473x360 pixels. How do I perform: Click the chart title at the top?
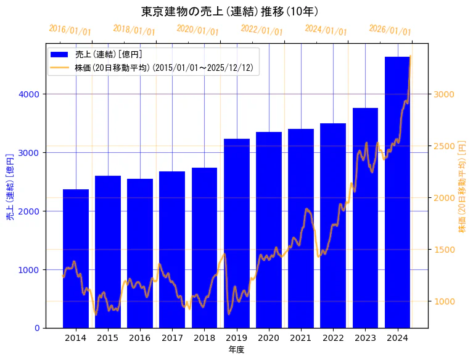pyautogui.click(x=229, y=12)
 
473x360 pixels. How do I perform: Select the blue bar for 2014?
pyautogui.click(x=76, y=258)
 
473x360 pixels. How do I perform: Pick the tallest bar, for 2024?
pyautogui.click(x=398, y=192)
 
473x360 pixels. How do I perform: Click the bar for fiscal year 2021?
pyautogui.click(x=301, y=228)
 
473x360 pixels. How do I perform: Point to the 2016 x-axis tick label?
pyautogui.click(x=140, y=338)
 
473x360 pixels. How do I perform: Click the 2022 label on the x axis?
pyautogui.click(x=333, y=338)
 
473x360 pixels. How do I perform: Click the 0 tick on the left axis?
pyautogui.click(x=38, y=328)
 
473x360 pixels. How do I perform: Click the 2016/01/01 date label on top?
pyautogui.click(x=70, y=30)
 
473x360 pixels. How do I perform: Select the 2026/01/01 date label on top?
pyautogui.click(x=390, y=30)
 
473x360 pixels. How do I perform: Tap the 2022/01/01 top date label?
pyautogui.click(x=261, y=30)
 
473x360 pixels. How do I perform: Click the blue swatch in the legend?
pyautogui.click(x=59, y=54)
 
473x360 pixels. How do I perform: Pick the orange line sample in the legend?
pyautogui.click(x=59, y=68)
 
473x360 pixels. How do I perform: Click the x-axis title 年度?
pyautogui.click(x=237, y=350)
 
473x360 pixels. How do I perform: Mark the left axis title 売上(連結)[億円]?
pyautogui.click(x=10, y=186)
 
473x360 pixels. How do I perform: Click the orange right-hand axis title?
pyautogui.click(x=463, y=186)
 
